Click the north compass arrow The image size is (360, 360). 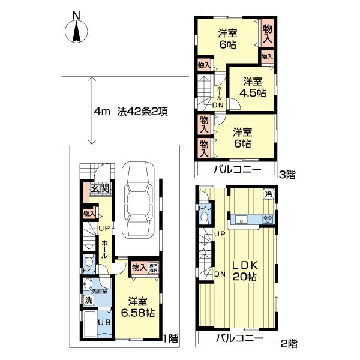[x=77, y=32]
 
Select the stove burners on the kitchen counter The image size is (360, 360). [x=268, y=220]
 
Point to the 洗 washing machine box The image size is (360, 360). [x=88, y=299]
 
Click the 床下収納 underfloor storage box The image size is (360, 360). [x=153, y=268]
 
